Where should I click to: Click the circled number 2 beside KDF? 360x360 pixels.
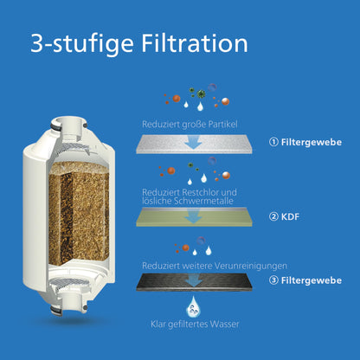(x=274, y=215)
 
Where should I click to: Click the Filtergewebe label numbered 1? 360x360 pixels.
(x=311, y=143)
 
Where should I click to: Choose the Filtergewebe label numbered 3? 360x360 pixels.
(x=311, y=281)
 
